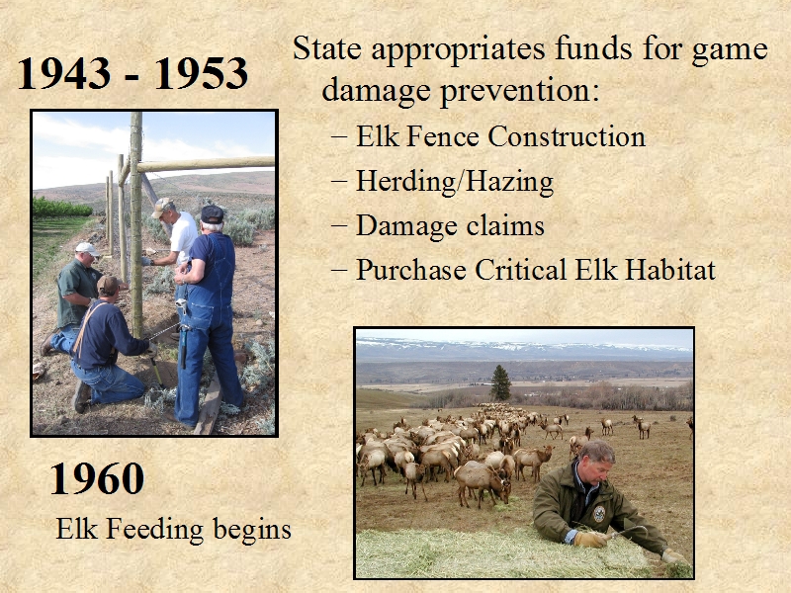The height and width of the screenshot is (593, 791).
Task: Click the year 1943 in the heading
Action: (x=64, y=73)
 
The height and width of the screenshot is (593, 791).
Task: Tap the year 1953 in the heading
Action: (x=202, y=73)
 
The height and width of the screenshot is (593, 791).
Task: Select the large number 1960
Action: (x=97, y=478)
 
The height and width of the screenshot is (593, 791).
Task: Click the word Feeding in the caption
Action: (x=154, y=530)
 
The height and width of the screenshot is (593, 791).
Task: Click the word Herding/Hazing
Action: (x=455, y=182)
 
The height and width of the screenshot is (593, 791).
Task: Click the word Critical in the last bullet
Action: (x=520, y=269)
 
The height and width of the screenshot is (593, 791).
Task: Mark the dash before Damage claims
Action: (x=339, y=226)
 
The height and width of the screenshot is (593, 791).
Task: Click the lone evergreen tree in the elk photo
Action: (x=500, y=382)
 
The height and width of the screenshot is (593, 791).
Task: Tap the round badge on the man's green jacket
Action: (x=599, y=514)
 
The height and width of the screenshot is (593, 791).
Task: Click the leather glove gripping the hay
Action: (x=589, y=539)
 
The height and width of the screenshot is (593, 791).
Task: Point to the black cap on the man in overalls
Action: (x=212, y=214)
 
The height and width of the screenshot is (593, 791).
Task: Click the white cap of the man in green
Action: (x=87, y=249)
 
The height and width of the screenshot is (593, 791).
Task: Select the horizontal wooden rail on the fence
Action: (x=206, y=164)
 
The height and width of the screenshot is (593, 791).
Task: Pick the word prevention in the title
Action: (x=520, y=92)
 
